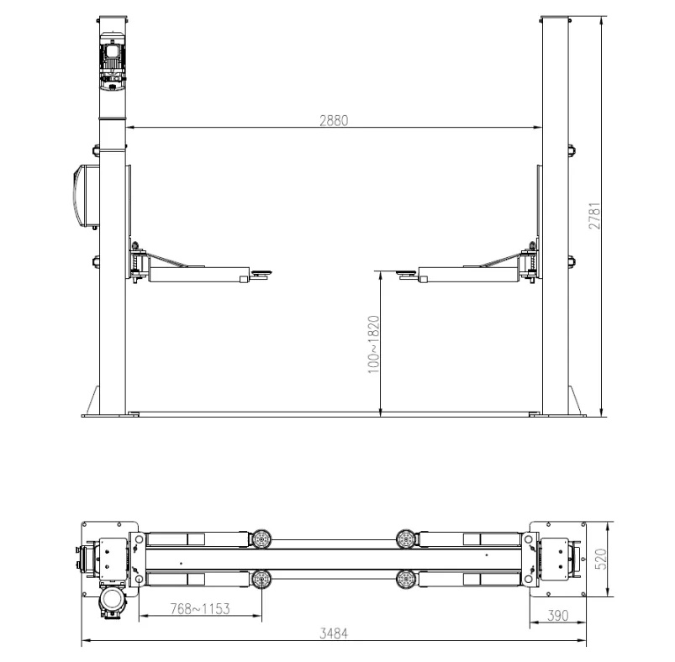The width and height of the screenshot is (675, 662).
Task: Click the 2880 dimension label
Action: [334, 120]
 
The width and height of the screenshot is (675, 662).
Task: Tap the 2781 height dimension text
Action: [594, 216]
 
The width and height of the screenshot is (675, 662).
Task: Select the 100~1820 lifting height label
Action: [374, 344]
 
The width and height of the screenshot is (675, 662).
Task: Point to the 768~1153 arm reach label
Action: [200, 609]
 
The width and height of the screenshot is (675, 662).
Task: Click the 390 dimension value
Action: [558, 616]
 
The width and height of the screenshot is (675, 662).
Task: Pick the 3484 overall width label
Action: [334, 633]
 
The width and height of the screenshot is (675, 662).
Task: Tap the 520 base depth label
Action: [600, 559]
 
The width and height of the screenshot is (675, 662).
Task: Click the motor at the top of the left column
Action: [113, 60]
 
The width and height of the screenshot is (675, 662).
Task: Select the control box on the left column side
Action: [87, 196]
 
